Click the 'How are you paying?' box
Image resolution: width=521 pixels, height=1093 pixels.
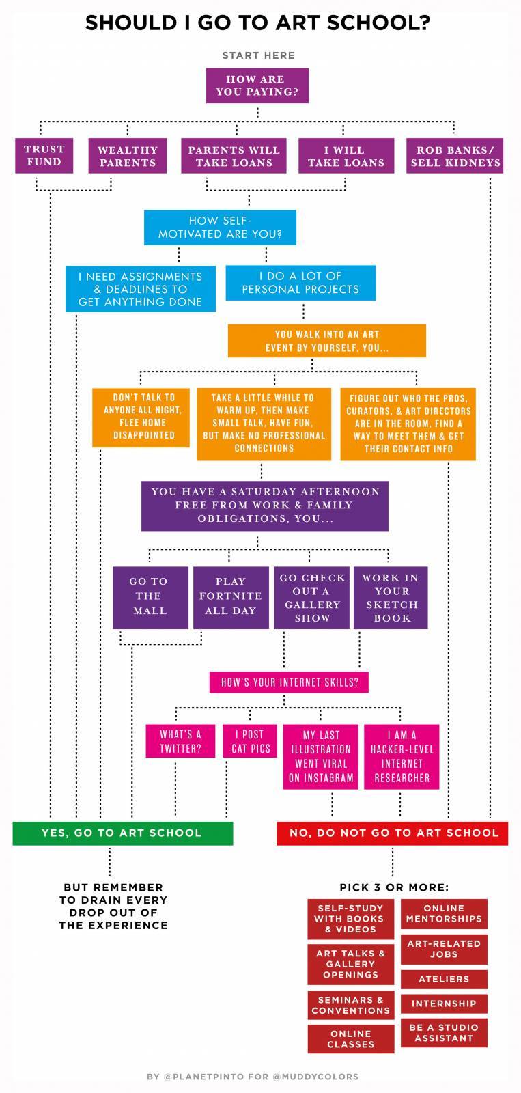[x=257, y=85]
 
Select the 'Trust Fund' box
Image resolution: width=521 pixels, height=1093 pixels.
[x=44, y=156]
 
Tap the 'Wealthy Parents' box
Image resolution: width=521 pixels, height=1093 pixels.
[x=127, y=156]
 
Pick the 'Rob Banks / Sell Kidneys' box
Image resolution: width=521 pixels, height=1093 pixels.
[x=455, y=156]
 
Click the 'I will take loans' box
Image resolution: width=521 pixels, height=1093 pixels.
[x=346, y=156]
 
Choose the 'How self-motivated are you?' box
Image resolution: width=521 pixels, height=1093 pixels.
[x=220, y=227]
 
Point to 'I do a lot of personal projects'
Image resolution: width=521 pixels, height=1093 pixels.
[x=300, y=283]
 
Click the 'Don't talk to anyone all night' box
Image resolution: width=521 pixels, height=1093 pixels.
[x=141, y=416]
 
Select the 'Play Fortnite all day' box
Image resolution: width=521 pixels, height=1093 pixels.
[x=230, y=596]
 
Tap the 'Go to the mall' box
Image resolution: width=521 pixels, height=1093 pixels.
[x=150, y=596]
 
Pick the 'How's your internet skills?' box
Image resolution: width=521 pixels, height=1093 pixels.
[x=289, y=682]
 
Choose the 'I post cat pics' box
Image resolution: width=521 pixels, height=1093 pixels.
[x=251, y=742]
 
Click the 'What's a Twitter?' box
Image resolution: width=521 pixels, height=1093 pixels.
[x=180, y=742]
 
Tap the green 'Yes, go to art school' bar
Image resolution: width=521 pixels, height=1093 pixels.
[x=123, y=833]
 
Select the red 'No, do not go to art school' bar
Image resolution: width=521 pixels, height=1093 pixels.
[x=393, y=833]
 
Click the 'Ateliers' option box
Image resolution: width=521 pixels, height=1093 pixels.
[x=444, y=979]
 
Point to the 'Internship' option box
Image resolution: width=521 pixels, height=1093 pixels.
[x=444, y=1004]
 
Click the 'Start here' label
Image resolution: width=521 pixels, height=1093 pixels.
[x=258, y=55]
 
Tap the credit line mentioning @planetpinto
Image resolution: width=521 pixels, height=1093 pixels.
[x=253, y=1077]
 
